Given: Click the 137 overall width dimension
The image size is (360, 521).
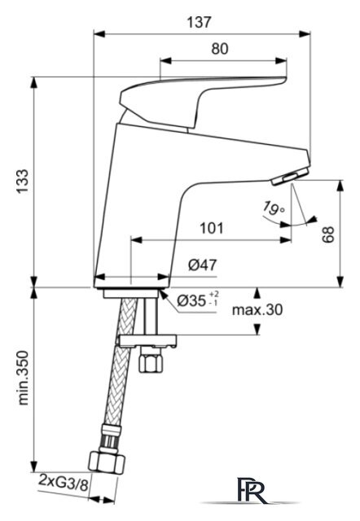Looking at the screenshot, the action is [199, 22].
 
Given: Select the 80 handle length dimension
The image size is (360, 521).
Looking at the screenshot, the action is [220, 49].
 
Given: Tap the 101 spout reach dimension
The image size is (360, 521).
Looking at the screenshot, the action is [212, 228].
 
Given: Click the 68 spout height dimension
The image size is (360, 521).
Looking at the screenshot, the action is [327, 234].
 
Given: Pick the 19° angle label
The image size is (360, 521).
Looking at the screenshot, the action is [273, 208].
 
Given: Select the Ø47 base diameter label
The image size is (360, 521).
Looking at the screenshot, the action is [202, 265].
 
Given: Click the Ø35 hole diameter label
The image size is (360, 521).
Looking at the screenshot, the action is [198, 300].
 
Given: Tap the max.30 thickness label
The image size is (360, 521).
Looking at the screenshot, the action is [257, 310].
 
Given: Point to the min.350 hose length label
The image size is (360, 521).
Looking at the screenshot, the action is [23, 378].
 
